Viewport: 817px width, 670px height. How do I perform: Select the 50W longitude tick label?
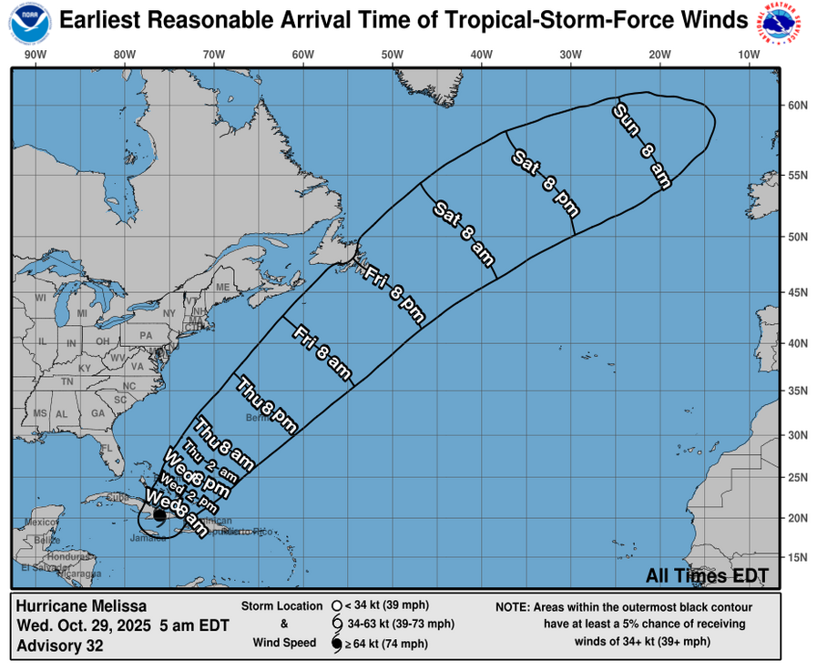click(392, 56)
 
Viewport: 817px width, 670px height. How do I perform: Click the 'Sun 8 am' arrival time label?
click(642, 146)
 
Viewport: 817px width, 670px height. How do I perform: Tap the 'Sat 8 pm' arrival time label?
click(544, 182)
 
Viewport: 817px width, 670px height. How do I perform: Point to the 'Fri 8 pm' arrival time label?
click(394, 294)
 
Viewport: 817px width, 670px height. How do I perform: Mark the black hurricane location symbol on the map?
click(159, 515)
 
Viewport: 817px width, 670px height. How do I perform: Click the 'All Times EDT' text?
click(707, 576)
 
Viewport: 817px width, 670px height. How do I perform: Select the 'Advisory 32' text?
click(59, 645)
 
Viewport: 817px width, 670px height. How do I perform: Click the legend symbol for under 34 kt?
click(337, 605)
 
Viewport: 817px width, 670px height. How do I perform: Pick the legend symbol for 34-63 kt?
click(337, 624)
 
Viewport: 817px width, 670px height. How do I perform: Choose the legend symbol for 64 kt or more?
click(337, 645)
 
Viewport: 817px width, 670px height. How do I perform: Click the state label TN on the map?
click(66, 382)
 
